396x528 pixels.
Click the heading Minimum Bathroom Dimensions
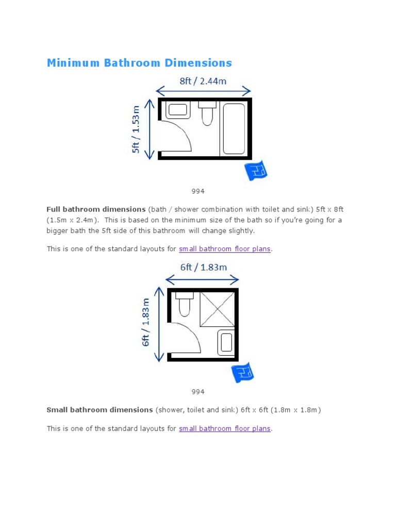click(x=139, y=63)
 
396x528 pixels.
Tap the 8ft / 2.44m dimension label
click(x=203, y=81)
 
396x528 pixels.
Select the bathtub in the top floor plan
click(x=233, y=128)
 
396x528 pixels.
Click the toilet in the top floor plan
click(x=207, y=113)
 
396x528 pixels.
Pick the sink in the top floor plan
click(x=178, y=110)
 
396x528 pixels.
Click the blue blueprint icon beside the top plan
click(x=255, y=171)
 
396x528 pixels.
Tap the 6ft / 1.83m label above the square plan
click(x=203, y=267)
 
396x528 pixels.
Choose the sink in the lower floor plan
click(x=226, y=343)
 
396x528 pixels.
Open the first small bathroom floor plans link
click(x=224, y=249)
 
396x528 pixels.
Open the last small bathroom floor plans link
click(x=224, y=428)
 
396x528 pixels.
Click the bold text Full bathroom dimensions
click(x=96, y=209)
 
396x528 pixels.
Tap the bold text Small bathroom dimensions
click(x=100, y=410)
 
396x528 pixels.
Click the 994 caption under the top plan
click(x=198, y=191)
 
